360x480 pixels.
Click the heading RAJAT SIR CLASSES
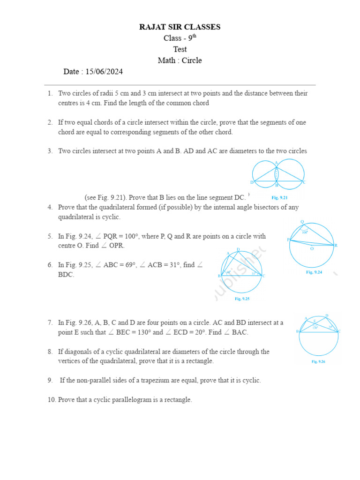(180, 27)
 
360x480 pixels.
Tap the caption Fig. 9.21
(279, 197)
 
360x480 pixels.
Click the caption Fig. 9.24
(314, 272)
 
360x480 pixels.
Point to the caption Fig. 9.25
(242, 299)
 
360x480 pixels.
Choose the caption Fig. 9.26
(318, 361)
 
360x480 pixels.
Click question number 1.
(50, 93)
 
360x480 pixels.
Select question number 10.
(51, 400)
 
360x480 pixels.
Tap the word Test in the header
(180, 49)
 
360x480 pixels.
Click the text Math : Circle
(180, 60)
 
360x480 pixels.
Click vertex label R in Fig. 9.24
(336, 245)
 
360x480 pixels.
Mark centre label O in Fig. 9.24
(312, 249)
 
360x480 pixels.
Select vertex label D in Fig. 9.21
(252, 182)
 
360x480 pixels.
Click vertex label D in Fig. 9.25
(238, 249)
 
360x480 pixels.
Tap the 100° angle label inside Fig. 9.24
(304, 232)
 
